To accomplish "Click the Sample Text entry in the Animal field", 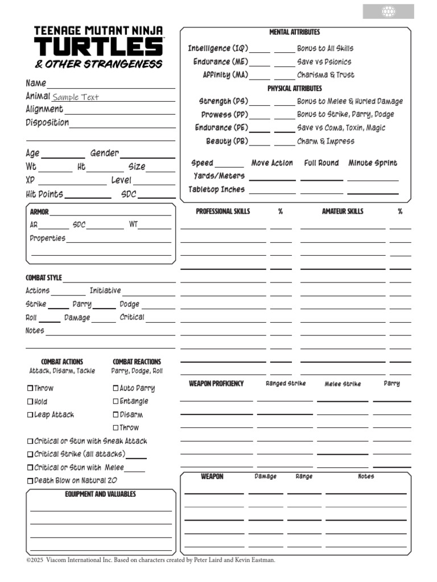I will coord(76,97).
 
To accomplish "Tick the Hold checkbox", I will coord(30,402).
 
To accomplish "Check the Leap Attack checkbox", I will coord(30,415).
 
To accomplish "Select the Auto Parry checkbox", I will coord(116,389).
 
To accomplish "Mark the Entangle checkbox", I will coord(116,402).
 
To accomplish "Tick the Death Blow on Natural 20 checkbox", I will coord(30,481).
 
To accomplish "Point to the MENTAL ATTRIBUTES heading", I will coord(294,32).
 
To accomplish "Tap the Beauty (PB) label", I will coord(226,141).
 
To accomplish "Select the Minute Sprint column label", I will coord(373,163).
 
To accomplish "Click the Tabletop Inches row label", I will coord(216,190).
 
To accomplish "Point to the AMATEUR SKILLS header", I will coord(343,211).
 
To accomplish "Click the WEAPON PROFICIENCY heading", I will coord(216,384).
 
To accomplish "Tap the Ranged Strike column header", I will coord(286,384).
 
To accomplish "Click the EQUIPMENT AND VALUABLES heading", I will coord(100,494).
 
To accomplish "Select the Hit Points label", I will coord(44,194).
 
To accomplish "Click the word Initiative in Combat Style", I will coord(105,291).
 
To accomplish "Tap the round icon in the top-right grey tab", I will coord(388,11).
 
